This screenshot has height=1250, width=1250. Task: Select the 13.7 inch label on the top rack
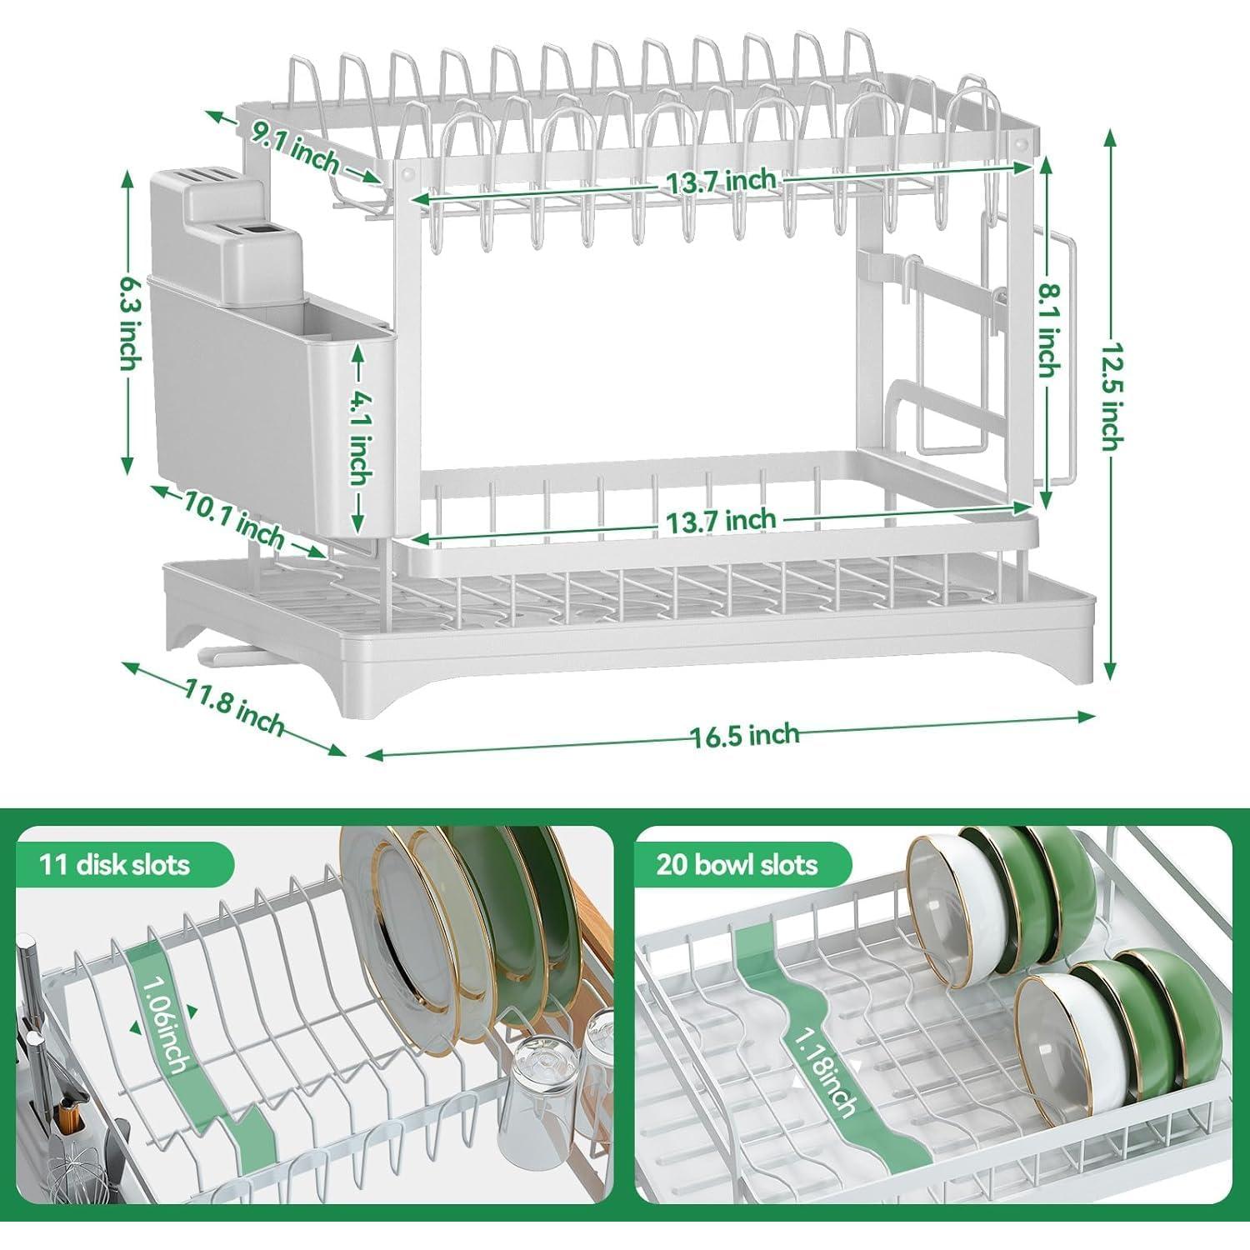[720, 181]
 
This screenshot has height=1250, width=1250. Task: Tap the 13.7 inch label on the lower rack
[720, 521]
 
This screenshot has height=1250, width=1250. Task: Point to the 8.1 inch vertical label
[1049, 329]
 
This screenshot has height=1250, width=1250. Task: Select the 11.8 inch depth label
[236, 702]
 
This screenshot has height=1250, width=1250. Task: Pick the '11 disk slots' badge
[115, 864]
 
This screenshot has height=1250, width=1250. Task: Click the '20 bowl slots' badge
[737, 864]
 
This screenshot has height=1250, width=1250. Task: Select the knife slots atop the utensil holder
[204, 178]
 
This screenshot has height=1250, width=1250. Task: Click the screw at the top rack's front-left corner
[407, 173]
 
